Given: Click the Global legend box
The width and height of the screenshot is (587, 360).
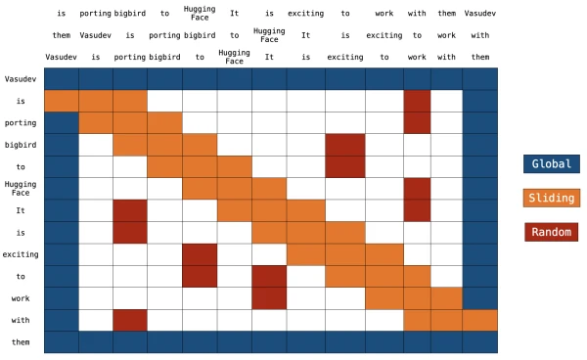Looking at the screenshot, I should pos(551,163).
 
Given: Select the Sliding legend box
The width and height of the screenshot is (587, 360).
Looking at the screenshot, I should pos(551,198).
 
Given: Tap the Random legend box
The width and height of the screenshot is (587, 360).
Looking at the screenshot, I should pos(551,232).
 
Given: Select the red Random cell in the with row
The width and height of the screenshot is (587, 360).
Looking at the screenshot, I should pos(130,320).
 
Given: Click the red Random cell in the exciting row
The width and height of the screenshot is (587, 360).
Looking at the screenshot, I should pos(200,254).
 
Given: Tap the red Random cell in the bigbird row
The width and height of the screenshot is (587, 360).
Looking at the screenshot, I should pos(345,145).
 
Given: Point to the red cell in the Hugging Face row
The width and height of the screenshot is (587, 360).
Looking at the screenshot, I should pos(417,188).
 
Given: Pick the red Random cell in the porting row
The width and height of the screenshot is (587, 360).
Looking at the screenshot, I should pos(417,122).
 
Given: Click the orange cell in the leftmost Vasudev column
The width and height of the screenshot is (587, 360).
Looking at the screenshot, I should pos(61,101).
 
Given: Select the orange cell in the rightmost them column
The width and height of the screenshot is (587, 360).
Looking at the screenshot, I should pos(479,320).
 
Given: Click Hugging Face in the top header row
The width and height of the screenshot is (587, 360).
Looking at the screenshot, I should pos(200,15).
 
